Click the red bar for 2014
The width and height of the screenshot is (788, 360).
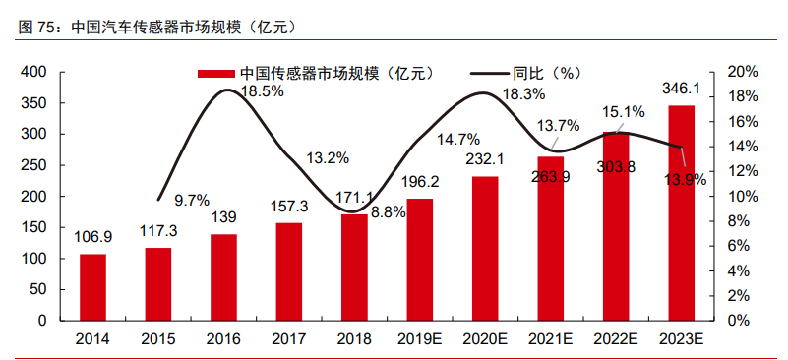[x=92, y=287]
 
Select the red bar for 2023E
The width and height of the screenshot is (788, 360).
[x=682, y=212]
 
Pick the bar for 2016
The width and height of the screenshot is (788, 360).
[x=223, y=277]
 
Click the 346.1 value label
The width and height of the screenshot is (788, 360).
[x=682, y=90]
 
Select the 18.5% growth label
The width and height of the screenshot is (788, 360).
[x=262, y=90]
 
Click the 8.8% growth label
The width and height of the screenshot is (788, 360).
[x=389, y=211]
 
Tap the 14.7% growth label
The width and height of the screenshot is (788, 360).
[x=458, y=138]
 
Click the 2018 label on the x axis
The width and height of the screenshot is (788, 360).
[x=354, y=339]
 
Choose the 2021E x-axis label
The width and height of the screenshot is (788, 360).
[x=551, y=339]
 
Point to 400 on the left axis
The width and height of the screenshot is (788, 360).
[x=33, y=72]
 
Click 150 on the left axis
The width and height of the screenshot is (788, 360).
[x=33, y=227]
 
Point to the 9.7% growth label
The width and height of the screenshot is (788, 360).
[x=192, y=200]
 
